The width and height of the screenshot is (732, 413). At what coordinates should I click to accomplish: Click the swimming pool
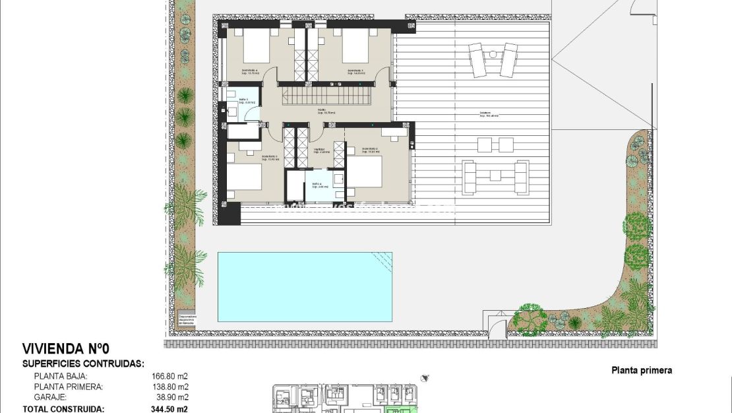[x=305, y=286]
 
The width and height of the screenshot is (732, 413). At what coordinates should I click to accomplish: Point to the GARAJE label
[x=50, y=398]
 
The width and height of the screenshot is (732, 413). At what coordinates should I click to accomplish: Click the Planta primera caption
[x=642, y=371]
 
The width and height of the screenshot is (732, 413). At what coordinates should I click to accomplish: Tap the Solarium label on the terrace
[x=489, y=115]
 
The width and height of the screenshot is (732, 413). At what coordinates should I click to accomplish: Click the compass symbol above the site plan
[x=425, y=379]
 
